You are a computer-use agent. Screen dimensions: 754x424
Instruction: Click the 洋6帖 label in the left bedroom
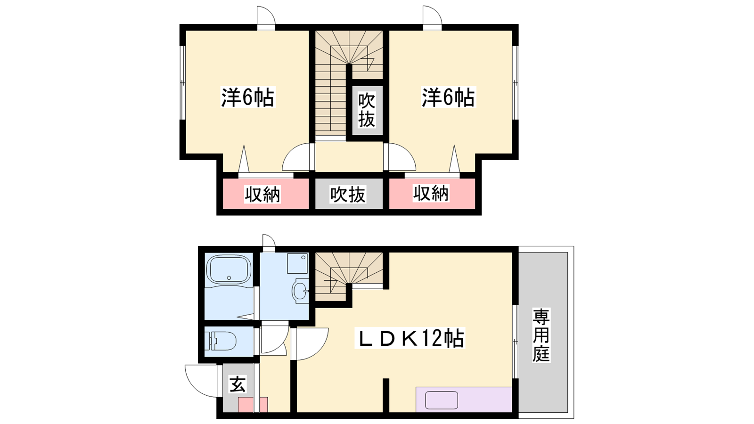point(248,97)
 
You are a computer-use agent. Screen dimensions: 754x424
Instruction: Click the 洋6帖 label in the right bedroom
point(448,97)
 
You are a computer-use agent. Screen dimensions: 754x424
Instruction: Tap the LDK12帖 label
point(410,338)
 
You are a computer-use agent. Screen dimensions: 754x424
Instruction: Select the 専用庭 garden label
point(541,335)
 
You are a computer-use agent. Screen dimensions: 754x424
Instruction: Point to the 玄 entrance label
point(238,384)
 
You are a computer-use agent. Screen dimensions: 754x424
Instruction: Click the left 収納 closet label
point(262,194)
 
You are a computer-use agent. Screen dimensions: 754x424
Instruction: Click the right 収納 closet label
point(431,193)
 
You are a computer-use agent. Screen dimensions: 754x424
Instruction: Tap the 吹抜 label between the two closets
point(348,194)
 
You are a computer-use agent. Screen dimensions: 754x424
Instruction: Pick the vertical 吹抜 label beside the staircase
point(367,110)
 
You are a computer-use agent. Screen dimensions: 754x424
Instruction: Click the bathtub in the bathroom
point(229,269)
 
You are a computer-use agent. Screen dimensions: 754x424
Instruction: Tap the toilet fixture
point(221,341)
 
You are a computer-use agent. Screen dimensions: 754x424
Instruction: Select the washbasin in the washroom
point(300,291)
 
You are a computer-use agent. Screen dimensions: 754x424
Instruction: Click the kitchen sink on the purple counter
point(442,400)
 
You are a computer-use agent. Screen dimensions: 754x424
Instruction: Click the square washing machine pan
point(297,263)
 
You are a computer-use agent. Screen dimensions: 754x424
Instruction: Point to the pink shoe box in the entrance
point(253,405)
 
